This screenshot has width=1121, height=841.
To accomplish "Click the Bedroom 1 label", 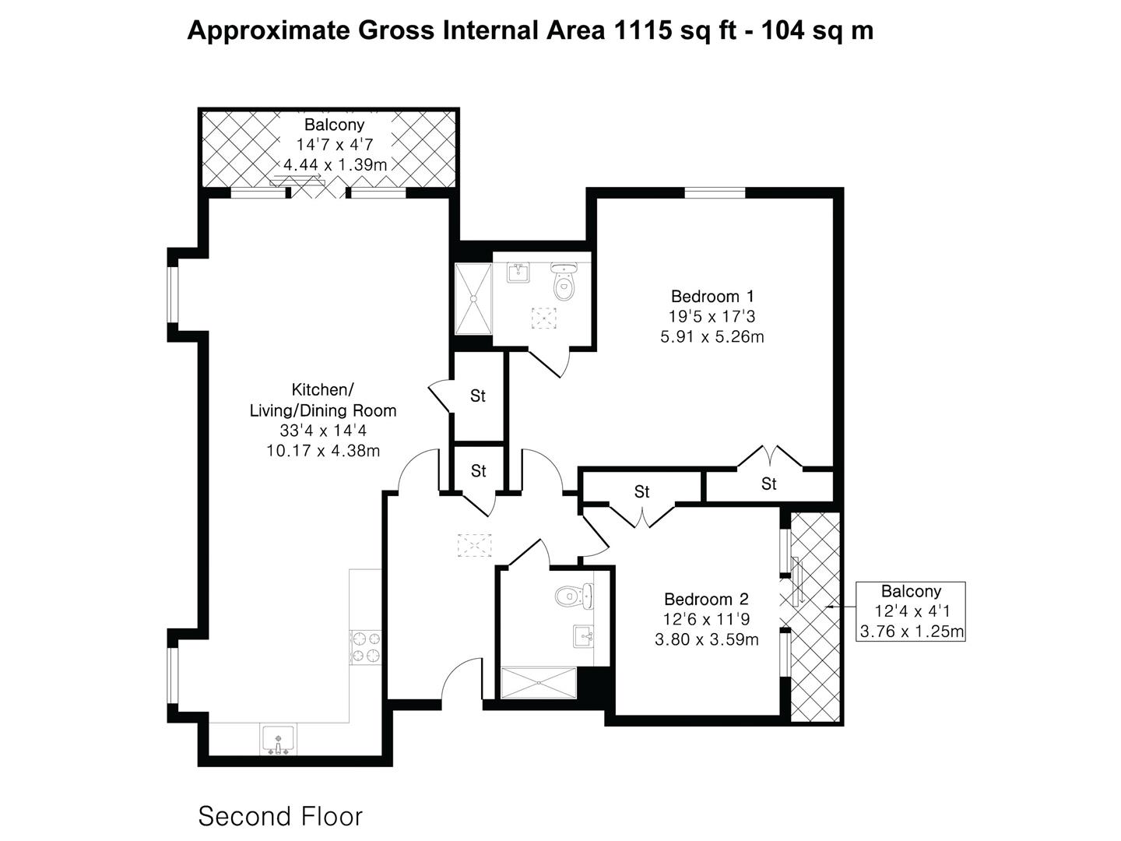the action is (712, 296).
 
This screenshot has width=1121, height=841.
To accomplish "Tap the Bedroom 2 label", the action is (706, 599).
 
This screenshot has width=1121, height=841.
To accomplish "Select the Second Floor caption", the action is (280, 816).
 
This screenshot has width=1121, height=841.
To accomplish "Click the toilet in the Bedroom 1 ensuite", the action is (564, 281).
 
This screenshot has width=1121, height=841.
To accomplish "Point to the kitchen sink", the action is (278, 740).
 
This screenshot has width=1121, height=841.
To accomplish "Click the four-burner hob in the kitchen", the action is (366, 647).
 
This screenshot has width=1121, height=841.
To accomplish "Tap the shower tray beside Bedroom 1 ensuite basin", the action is (473, 299).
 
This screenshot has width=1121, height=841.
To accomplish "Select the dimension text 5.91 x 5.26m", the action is (712, 337).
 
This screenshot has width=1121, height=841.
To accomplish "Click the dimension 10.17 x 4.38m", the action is (323, 451).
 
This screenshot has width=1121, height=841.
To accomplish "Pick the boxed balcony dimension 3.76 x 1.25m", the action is (912, 632).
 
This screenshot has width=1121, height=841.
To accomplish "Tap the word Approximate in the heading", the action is (268, 31).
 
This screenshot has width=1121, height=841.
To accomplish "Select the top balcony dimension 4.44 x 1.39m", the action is (335, 165).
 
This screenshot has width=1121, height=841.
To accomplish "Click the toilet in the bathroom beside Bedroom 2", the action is (575, 596).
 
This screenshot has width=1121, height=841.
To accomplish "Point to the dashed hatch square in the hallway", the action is (474, 545).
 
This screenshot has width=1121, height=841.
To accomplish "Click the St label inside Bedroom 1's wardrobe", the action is (768, 484).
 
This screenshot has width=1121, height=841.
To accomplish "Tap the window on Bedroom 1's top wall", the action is (715, 192).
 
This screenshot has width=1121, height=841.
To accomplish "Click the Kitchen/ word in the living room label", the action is (322, 389).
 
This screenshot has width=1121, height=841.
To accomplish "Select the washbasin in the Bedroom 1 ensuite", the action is (518, 273).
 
